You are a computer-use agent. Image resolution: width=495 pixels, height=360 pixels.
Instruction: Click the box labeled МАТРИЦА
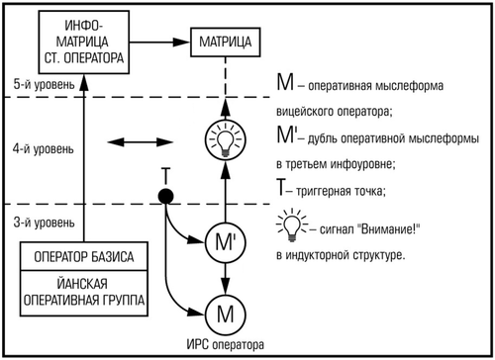click(x=225, y=43)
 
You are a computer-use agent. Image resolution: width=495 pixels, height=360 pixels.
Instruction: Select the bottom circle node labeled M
click(x=225, y=315)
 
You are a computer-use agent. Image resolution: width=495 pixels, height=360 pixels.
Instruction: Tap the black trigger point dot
click(x=166, y=196)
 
